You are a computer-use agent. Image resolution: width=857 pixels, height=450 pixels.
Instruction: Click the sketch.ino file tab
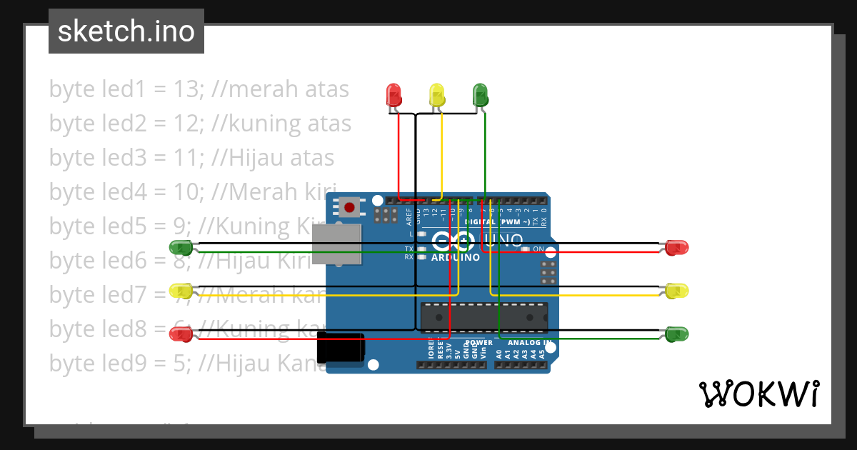(126, 31)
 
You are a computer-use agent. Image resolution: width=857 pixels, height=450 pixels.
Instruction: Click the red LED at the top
(394, 94)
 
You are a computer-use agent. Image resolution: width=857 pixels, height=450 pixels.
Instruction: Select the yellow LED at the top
(436, 94)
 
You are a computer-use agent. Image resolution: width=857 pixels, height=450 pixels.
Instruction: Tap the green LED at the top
(480, 94)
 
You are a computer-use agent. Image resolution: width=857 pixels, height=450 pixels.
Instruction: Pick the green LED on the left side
(180, 248)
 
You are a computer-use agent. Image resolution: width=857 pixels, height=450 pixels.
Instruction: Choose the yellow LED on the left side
(180, 291)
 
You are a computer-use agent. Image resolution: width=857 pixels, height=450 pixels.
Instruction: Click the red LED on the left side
(180, 334)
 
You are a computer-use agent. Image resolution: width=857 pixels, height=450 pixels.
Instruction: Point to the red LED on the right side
(676, 248)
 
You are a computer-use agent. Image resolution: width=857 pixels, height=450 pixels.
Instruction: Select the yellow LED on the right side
(676, 291)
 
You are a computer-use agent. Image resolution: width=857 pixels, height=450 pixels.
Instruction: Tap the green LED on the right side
(676, 334)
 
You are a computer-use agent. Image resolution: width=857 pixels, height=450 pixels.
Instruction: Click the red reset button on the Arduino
(349, 207)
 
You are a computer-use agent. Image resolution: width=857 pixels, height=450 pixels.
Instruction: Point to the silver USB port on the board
(336, 244)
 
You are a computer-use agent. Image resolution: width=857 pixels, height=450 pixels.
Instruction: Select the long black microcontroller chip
(484, 318)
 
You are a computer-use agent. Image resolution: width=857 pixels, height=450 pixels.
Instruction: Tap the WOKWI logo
(758, 394)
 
